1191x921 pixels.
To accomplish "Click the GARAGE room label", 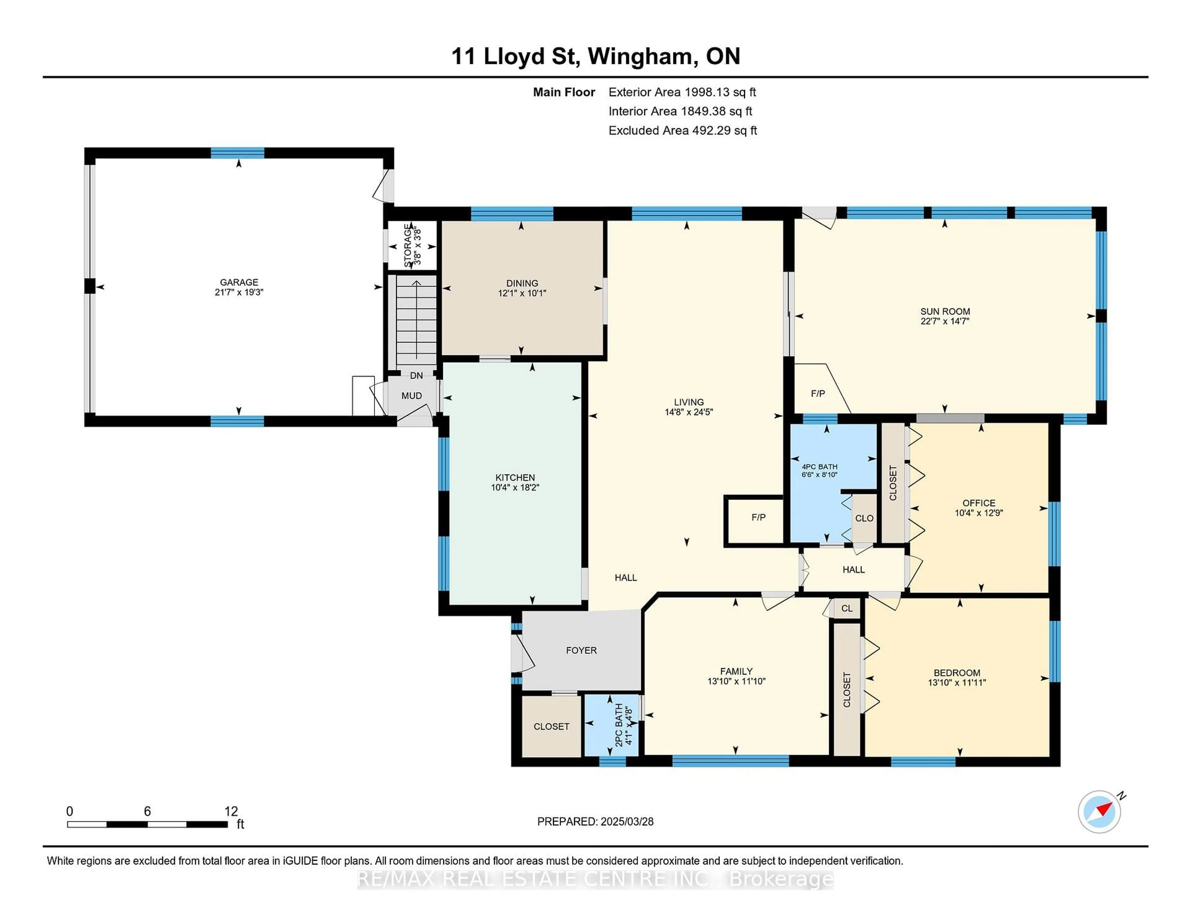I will pyautogui.click(x=239, y=282).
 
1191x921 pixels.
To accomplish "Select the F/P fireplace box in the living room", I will pyautogui.click(x=758, y=517).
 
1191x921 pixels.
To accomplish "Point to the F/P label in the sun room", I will pyautogui.click(x=818, y=393).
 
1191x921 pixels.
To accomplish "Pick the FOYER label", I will pyautogui.click(x=581, y=650).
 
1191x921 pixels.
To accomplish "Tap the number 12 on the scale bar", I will pyautogui.click(x=231, y=811).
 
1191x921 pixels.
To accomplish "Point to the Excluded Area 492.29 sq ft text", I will pyautogui.click(x=682, y=130).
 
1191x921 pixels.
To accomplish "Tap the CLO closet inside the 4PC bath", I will pyautogui.click(x=864, y=518).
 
